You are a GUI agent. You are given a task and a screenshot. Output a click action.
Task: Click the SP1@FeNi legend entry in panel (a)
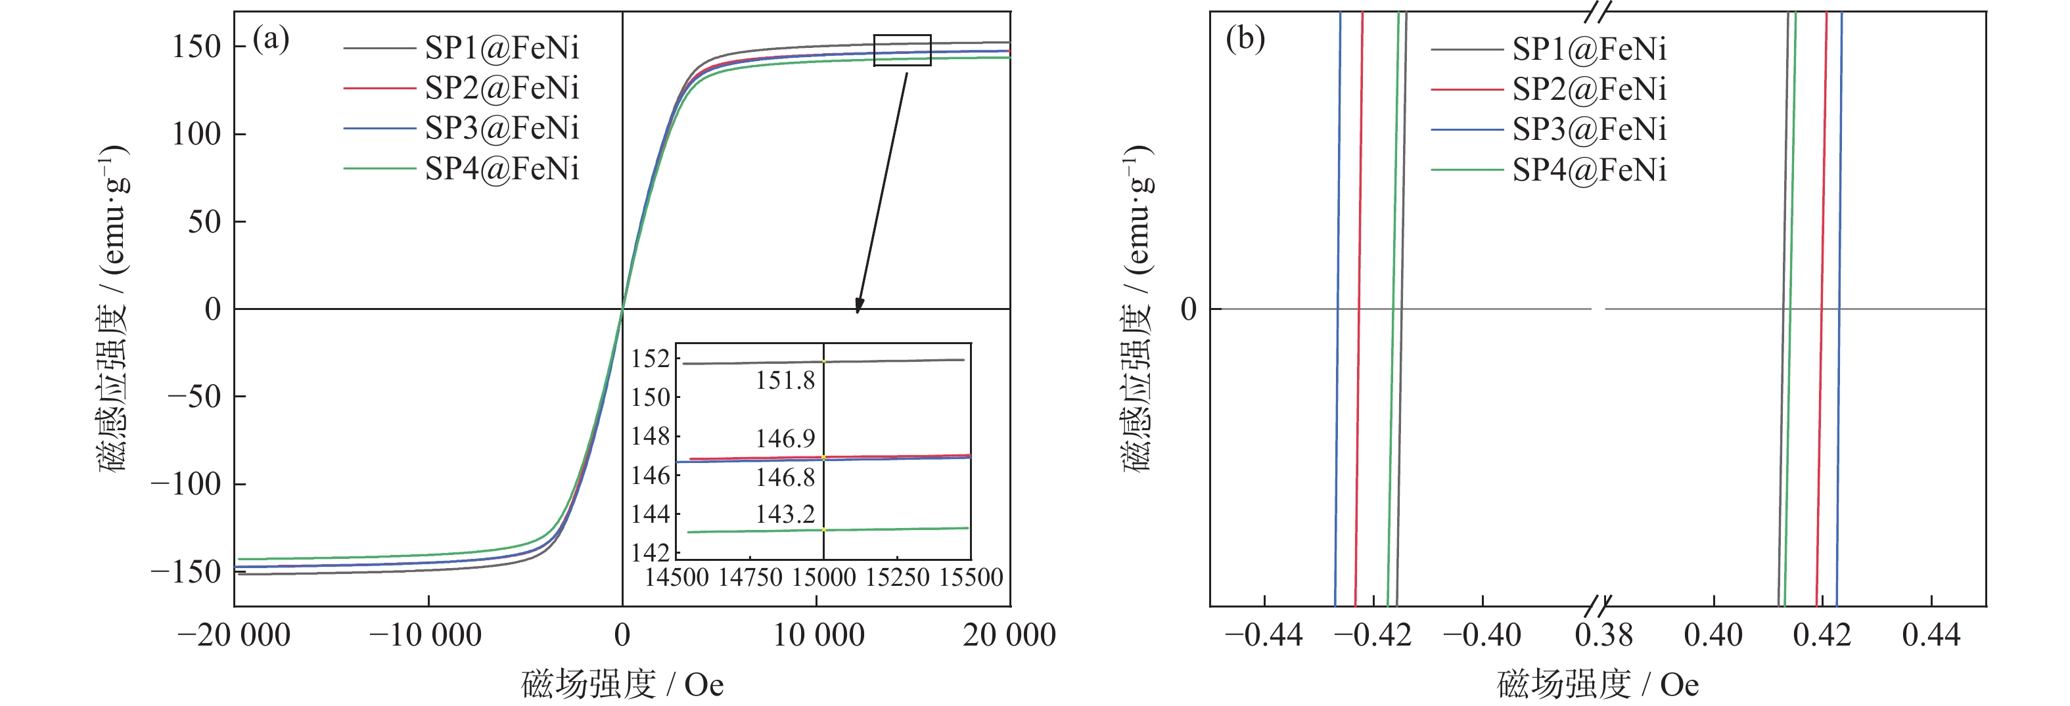(x=501, y=48)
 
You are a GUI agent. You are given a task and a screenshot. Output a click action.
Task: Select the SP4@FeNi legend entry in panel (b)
(x=1589, y=170)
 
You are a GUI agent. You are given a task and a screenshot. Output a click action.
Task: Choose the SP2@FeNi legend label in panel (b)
(x=1589, y=89)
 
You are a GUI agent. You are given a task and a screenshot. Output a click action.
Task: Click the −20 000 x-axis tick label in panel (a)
(x=234, y=635)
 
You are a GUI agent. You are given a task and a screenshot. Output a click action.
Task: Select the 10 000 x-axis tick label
(x=818, y=635)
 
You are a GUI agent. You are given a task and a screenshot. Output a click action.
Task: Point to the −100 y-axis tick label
(x=185, y=484)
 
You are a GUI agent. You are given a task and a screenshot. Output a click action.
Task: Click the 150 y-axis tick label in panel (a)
(x=196, y=47)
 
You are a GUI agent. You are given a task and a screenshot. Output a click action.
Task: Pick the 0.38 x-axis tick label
(x=1604, y=635)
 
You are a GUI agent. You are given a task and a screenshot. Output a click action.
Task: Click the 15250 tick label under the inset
(x=897, y=577)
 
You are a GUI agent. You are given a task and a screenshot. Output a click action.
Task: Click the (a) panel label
(x=271, y=39)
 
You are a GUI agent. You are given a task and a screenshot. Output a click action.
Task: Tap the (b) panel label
(x=1245, y=39)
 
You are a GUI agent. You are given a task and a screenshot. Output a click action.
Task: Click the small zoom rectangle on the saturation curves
(x=902, y=50)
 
